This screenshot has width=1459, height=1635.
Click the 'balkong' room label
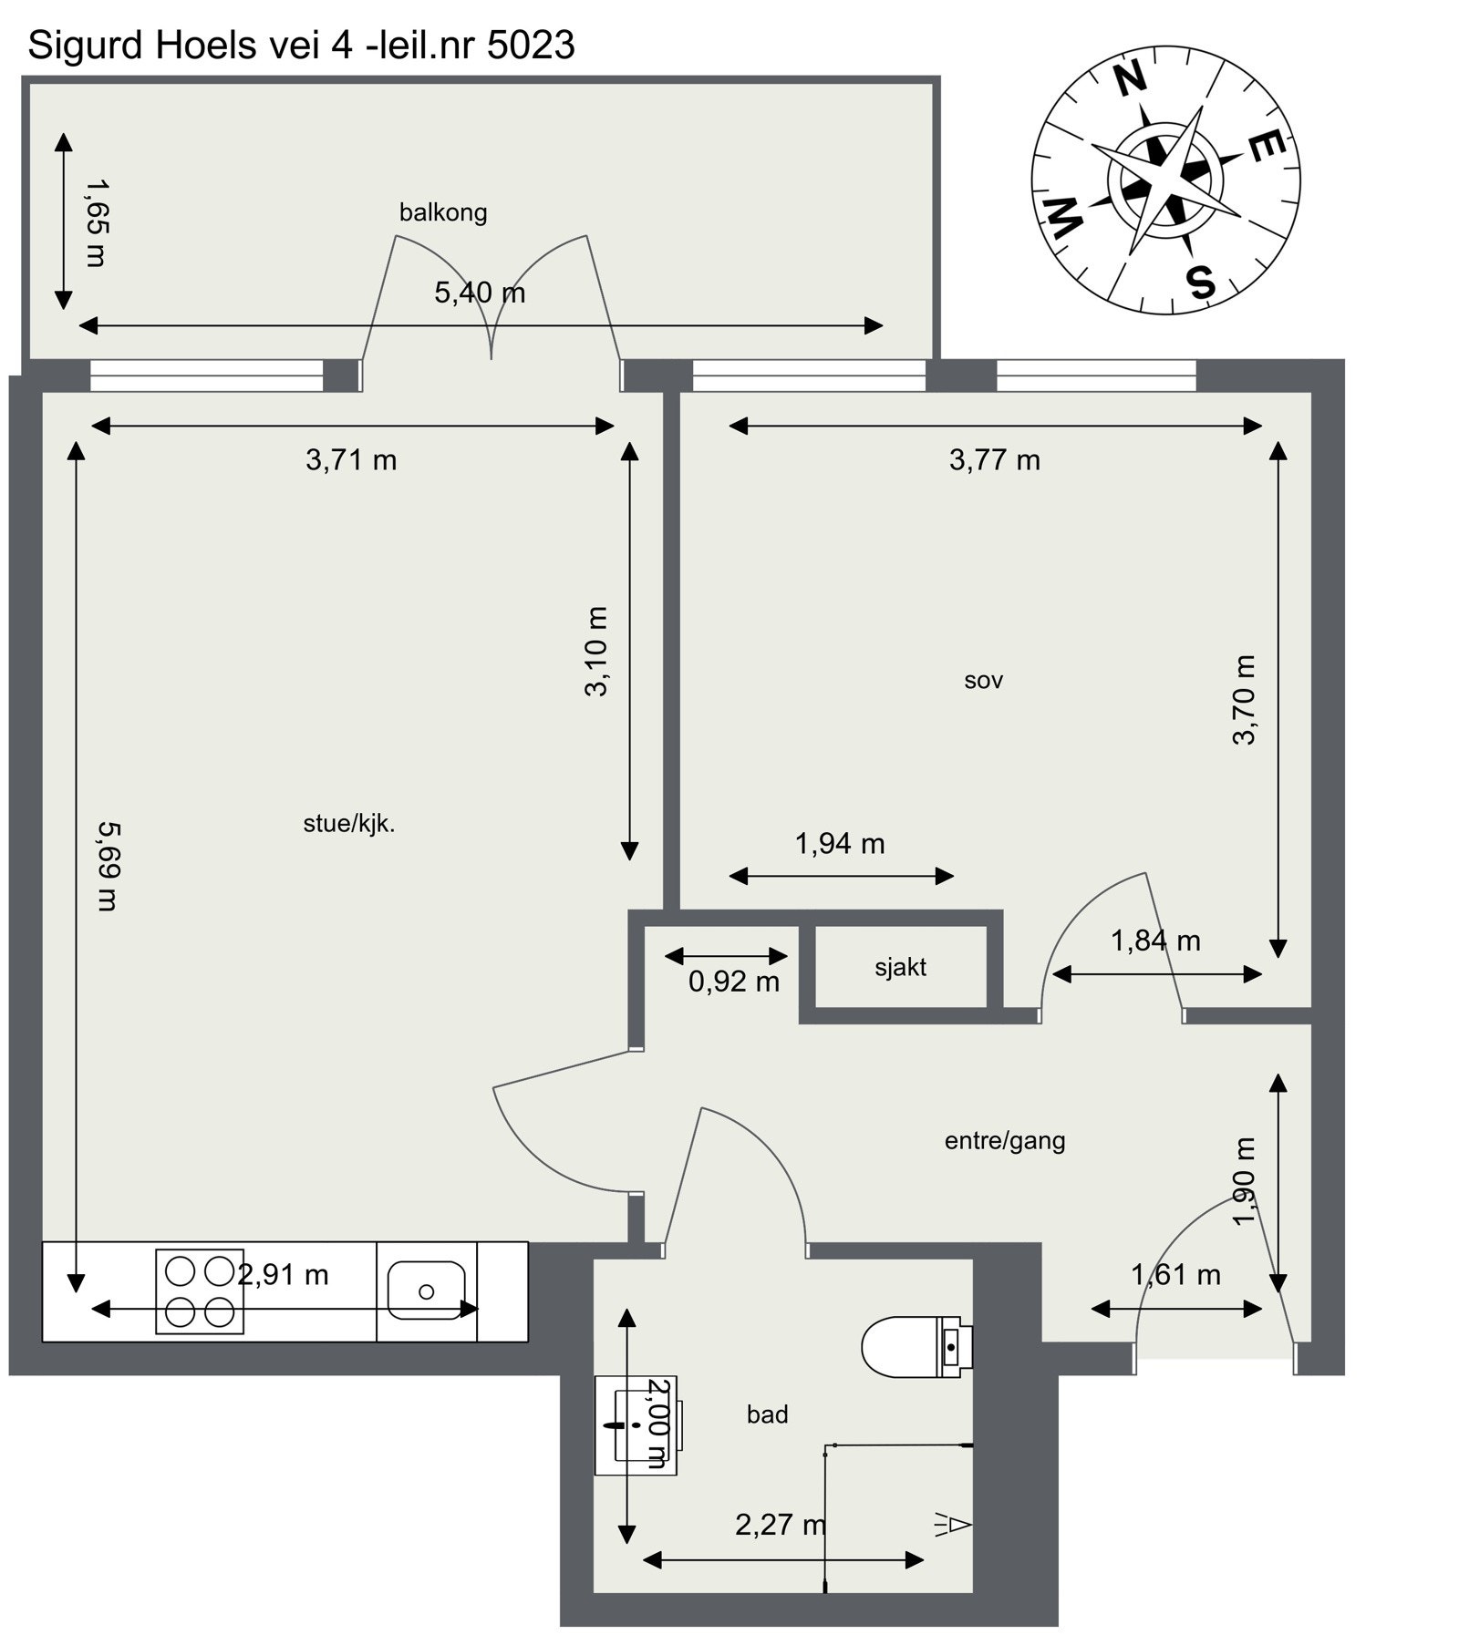coord(443,212)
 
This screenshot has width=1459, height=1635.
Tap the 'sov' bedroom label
coord(983,680)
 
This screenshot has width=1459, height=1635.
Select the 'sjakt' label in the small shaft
coord(900,967)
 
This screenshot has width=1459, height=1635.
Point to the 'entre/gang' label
coord(1004,1140)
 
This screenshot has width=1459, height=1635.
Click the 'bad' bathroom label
coord(767,1414)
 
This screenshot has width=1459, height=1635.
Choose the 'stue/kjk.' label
coord(348,824)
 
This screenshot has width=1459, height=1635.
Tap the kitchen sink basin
coord(426,1291)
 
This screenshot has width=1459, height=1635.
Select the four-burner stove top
coord(200,1291)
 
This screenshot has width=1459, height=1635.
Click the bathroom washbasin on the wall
coord(635,1424)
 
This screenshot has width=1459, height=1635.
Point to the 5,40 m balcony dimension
coord(480,293)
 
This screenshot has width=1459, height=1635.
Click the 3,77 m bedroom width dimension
coord(994,459)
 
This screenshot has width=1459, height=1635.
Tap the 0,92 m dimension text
coord(733,982)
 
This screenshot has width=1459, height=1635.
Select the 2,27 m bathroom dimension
coord(781,1524)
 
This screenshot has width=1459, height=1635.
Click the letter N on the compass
coord(1131,80)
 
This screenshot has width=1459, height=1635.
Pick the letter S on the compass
coord(1201,282)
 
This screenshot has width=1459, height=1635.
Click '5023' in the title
coord(531,46)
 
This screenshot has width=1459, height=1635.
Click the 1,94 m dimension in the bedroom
coord(839,844)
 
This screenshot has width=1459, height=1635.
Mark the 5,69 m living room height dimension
coord(108,866)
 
